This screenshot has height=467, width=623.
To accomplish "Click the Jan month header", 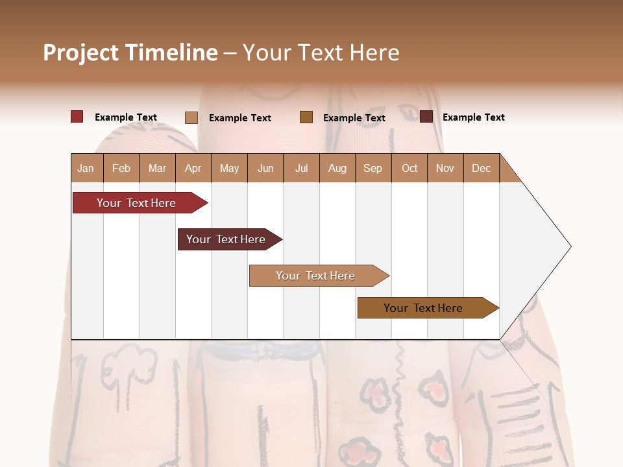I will coord(86,168).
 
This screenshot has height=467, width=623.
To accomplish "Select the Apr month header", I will coord(193,168).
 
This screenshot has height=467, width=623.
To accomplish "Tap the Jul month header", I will coord(301,168).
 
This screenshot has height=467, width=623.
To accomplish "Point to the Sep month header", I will coord(373,168).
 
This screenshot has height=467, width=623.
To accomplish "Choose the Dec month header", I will coord(481,168).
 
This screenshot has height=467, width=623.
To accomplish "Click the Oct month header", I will coord(409,168).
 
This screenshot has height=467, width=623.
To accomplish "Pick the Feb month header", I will coord(121,168).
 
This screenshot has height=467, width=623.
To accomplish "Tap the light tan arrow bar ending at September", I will coord(317,276).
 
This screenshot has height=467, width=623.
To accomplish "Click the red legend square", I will coord(77,117).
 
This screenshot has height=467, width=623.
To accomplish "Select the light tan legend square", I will coord(191,117).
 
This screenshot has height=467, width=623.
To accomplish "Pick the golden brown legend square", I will coord(306,117).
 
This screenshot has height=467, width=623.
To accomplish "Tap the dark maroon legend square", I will coord(426,117).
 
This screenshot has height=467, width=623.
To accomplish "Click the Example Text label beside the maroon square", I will coord(473,117).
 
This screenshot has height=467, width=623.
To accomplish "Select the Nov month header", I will coord(445,168).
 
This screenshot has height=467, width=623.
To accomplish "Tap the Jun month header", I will coord(265,168).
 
